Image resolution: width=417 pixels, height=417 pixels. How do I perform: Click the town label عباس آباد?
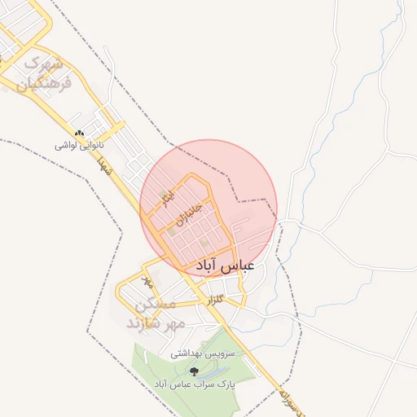coord(226,266)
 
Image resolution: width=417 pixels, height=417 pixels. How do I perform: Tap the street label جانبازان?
coord(187,214)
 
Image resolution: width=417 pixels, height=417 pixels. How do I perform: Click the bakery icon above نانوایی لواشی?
coord(79,133)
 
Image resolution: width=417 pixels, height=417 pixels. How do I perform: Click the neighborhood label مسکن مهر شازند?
coord(156,314)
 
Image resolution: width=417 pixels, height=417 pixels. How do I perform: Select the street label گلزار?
coord(215,301)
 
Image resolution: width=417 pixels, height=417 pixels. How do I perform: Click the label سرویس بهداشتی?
coord(202,355)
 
